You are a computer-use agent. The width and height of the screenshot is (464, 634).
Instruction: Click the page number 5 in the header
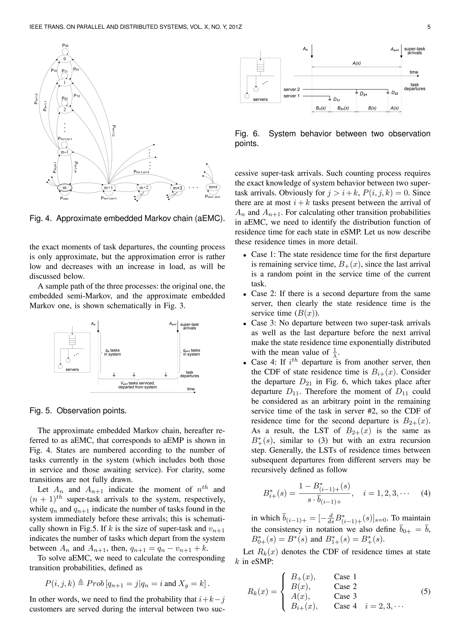(x=429, y=27)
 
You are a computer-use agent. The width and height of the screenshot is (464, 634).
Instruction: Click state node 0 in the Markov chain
(x=65, y=59)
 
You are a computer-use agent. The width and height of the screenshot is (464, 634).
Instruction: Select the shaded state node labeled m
(x=65, y=188)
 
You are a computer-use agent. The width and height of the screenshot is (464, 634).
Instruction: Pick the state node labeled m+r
(x=213, y=187)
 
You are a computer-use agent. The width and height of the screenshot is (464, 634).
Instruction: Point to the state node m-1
(x=65, y=152)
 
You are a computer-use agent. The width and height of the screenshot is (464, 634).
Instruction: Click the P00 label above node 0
(x=65, y=46)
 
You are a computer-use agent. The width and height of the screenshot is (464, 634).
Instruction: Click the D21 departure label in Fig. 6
(x=363, y=94)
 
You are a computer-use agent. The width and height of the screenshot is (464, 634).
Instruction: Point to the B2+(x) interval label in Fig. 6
(x=343, y=108)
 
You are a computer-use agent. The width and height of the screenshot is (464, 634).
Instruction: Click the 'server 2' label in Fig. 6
(x=291, y=89)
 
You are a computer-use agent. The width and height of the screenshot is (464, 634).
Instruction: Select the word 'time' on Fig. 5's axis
(x=191, y=389)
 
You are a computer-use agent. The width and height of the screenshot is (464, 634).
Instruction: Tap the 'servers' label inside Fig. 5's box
(x=72, y=369)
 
